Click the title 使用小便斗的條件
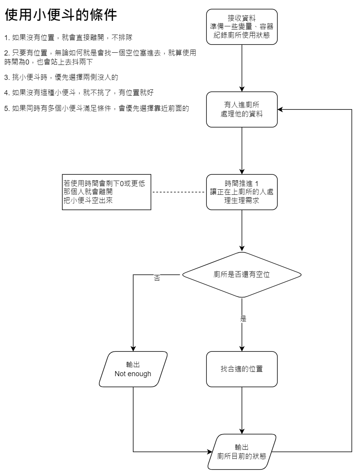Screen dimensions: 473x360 (61, 16)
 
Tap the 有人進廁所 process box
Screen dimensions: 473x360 (242, 109)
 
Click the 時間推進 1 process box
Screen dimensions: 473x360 (242, 192)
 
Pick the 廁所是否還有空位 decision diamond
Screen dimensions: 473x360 (242, 274)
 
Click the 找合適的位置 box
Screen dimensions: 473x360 (242, 369)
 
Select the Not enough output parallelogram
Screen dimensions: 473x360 (133, 369)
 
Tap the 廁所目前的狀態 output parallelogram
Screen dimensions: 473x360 (242, 451)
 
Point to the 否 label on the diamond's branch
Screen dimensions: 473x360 (157, 277)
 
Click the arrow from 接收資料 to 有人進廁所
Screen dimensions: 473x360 (242, 67)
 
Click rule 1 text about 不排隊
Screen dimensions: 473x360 (68, 38)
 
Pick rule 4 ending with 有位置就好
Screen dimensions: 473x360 (79, 92)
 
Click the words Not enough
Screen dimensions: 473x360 (133, 374)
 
